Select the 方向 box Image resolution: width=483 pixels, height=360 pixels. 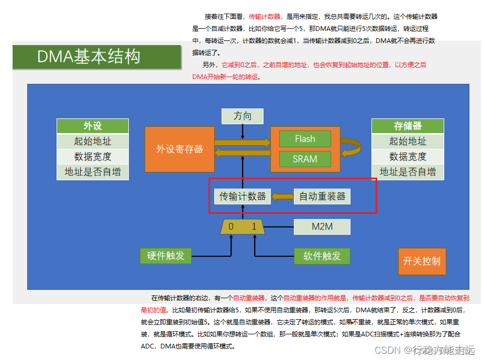click(242, 116)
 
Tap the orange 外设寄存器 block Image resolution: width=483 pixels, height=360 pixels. click(180, 149)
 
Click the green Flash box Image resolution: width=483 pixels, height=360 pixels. click(305, 139)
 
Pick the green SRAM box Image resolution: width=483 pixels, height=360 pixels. click(305, 159)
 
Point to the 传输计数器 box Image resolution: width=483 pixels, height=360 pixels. click(243, 197)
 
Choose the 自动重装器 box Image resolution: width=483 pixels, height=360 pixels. click(322, 197)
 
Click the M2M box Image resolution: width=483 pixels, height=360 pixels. click(322, 226)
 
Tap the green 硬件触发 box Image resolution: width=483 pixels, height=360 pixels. click(166, 256)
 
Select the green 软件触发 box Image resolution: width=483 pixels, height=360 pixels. click(322, 256)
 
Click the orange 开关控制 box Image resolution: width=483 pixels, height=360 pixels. click(422, 261)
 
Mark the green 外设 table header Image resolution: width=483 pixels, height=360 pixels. click(92, 126)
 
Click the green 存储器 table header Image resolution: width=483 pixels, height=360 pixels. click(408, 126)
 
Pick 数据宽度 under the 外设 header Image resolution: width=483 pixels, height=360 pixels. click(92, 156)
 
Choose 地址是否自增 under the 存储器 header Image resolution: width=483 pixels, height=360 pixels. click(408, 171)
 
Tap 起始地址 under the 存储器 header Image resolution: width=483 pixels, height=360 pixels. click(408, 141)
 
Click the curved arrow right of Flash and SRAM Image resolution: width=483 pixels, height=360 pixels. click(352, 148)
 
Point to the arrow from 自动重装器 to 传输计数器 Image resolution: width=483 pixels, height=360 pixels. click(283, 197)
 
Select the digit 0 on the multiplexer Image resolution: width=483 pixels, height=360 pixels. click(231, 226)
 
